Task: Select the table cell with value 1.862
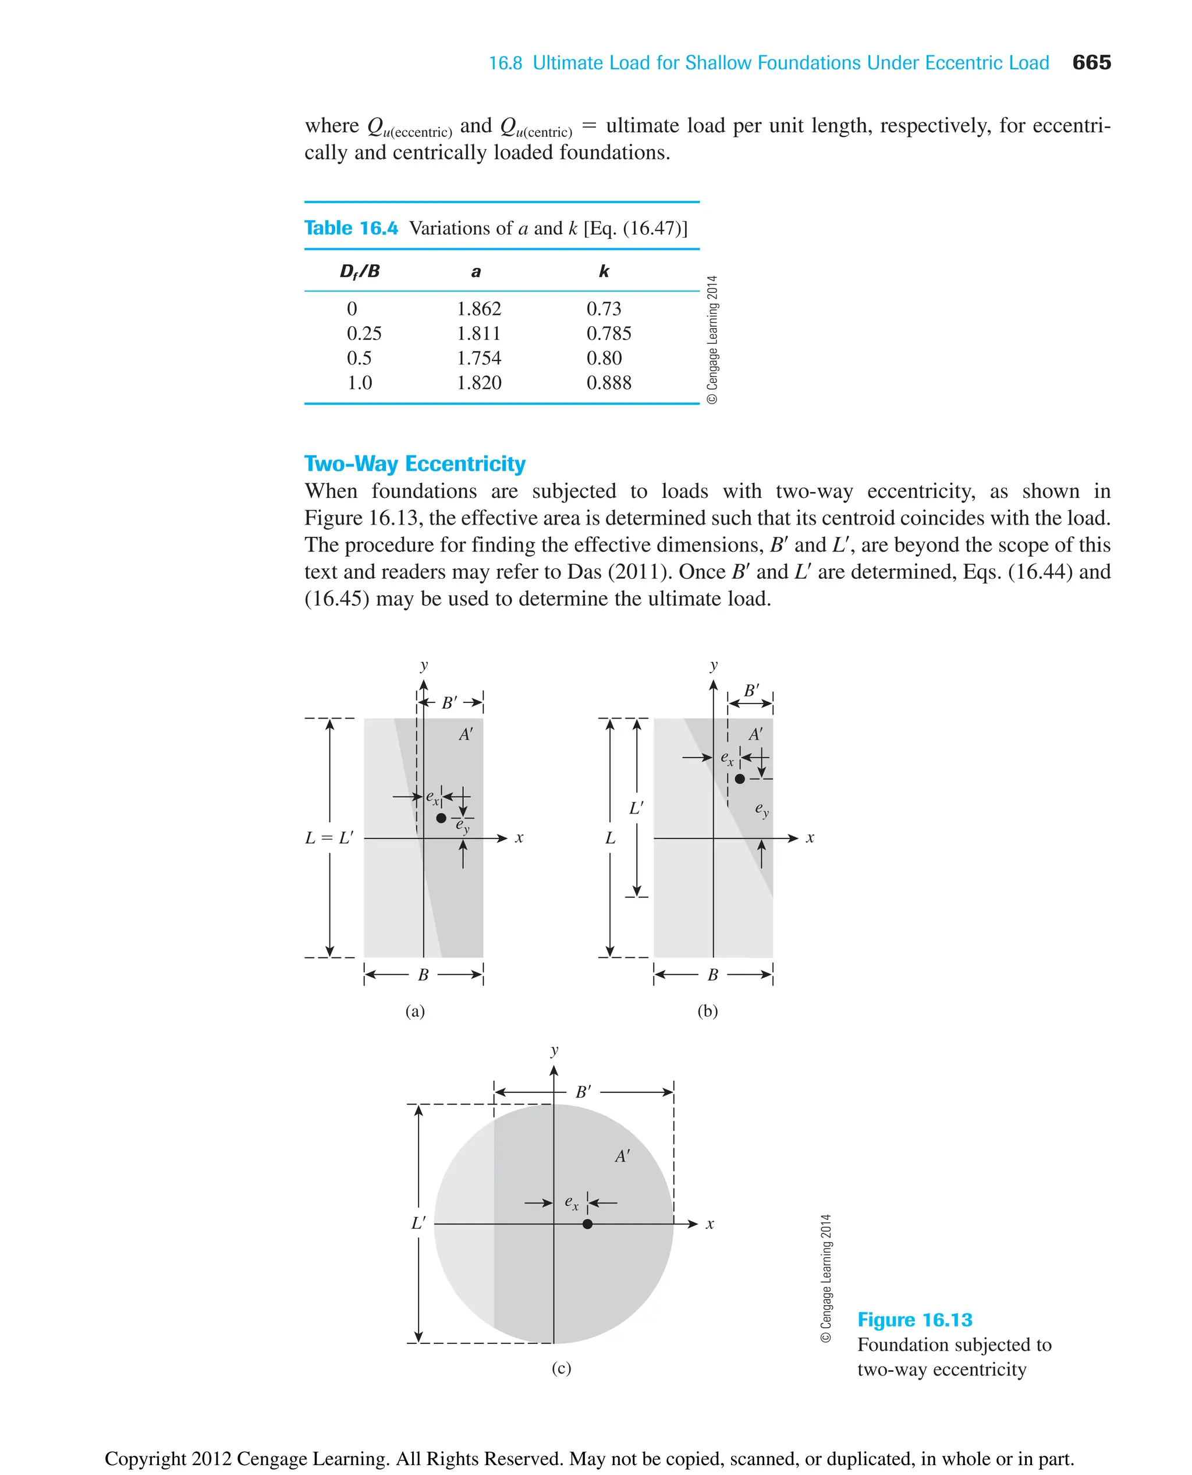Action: [x=478, y=309]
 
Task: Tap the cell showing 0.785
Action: [x=608, y=333]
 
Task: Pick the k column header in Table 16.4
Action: [x=604, y=271]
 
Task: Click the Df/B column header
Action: [x=359, y=271]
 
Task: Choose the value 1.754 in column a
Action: [x=478, y=358]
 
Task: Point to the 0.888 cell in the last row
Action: [x=608, y=383]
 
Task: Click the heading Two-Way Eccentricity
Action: [x=415, y=464]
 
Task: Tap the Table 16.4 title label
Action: [x=351, y=228]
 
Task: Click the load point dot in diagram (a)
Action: [x=441, y=818]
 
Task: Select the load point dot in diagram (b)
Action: [x=740, y=779]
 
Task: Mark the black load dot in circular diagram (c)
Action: [x=587, y=1223]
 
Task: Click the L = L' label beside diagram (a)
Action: [x=329, y=837]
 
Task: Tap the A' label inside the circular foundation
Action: [x=622, y=1156]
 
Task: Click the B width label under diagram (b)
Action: [x=713, y=974]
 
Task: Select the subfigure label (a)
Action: [x=415, y=1010]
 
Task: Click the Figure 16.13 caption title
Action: [x=914, y=1320]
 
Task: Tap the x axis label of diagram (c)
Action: [x=709, y=1223]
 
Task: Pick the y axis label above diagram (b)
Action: [x=714, y=665]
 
